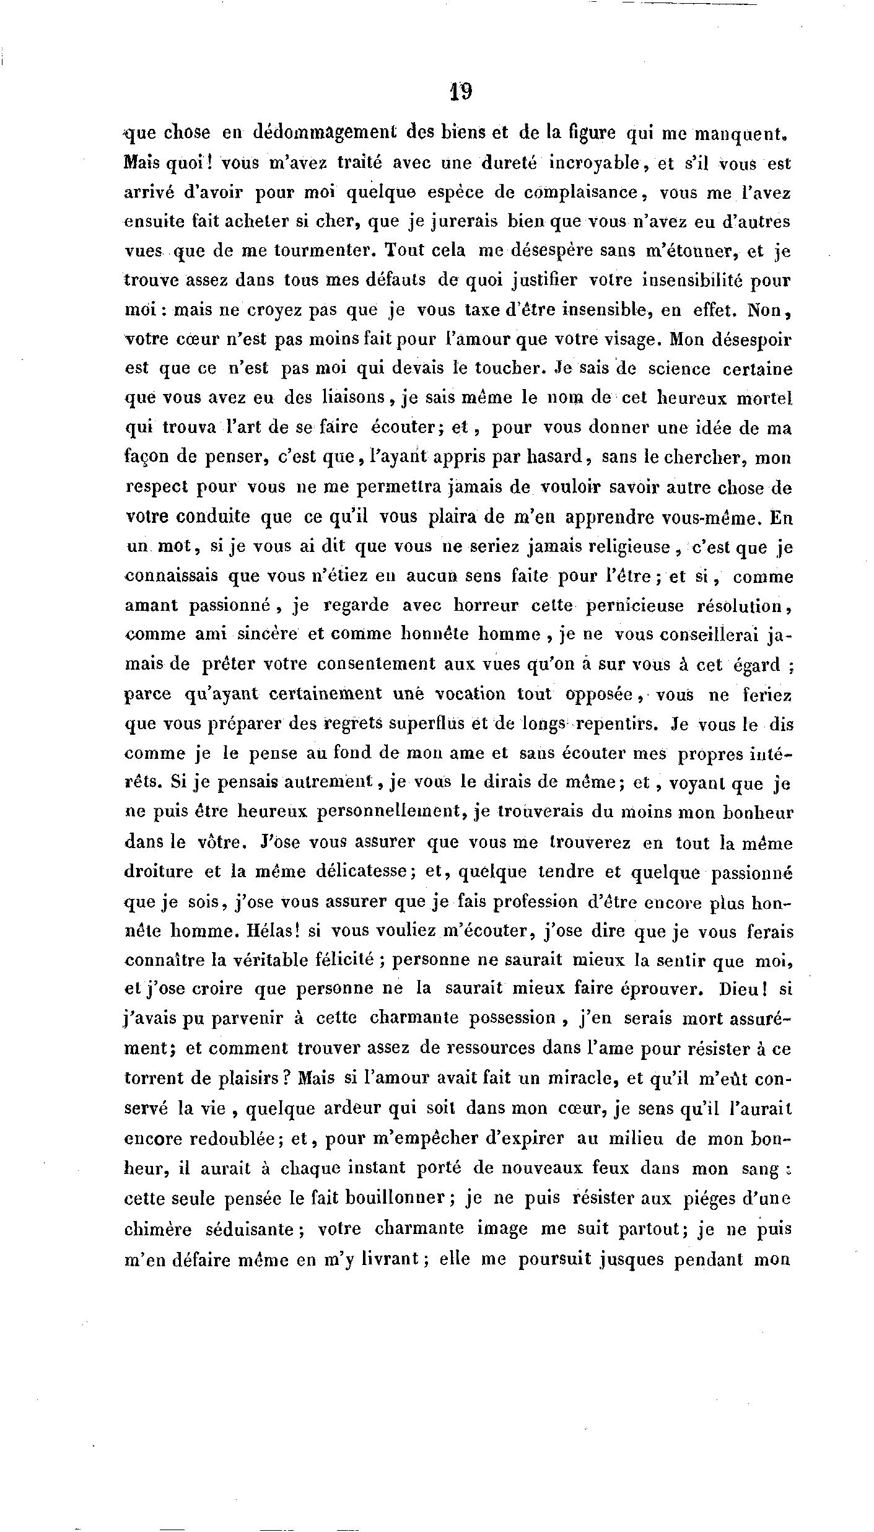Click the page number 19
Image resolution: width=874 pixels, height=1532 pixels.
tap(461, 92)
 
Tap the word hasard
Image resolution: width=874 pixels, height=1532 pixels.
tap(559, 458)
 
